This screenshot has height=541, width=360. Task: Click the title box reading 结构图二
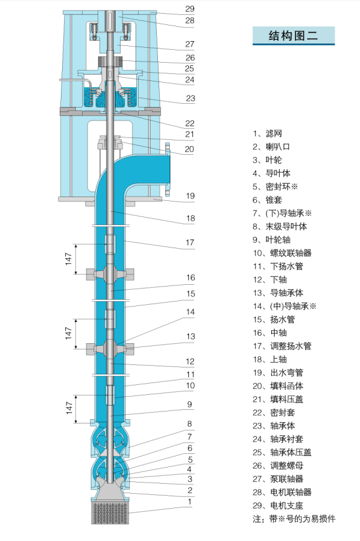[293, 35]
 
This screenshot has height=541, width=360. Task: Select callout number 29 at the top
[190, 9]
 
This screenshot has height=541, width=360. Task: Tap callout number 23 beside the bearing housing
[190, 98]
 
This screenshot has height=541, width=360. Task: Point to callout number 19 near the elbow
[190, 197]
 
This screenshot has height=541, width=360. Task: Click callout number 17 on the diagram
[190, 242]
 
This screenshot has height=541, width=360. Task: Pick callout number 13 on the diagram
[190, 336]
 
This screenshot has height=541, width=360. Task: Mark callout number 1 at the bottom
[190, 501]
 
